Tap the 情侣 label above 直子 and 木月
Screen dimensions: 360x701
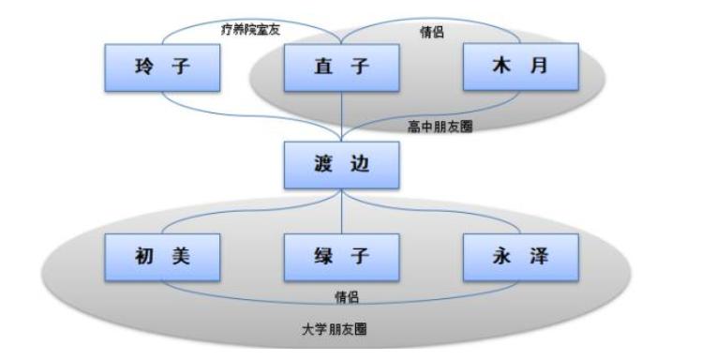click(x=431, y=33)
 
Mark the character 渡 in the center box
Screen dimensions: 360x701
click(x=321, y=165)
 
